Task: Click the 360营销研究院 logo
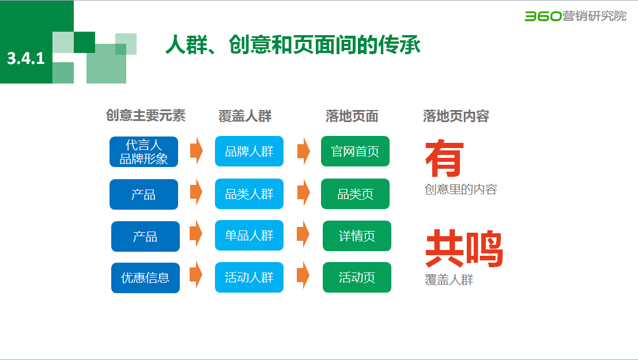(575, 16)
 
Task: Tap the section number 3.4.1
(26, 58)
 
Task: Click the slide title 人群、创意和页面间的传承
(293, 46)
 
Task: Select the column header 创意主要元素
(146, 116)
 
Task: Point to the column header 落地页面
(352, 116)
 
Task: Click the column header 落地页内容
(456, 116)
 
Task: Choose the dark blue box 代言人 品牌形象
(144, 152)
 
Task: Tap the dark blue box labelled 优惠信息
(145, 278)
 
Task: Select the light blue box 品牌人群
(249, 151)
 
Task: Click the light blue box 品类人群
(249, 194)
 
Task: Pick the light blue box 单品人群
(249, 236)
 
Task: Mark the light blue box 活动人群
(249, 278)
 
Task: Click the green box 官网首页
(355, 151)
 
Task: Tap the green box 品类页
(355, 194)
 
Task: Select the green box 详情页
(357, 236)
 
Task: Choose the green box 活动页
(357, 278)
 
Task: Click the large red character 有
(444, 158)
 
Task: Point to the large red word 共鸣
(464, 249)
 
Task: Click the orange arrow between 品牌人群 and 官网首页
(303, 151)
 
